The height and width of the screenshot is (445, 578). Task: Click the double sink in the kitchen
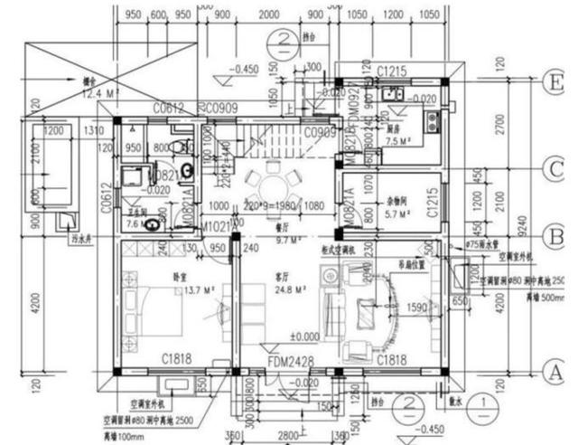click(x=393, y=94)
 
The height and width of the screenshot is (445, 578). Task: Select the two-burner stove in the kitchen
click(x=433, y=119)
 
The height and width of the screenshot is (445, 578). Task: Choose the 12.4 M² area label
click(x=101, y=93)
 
